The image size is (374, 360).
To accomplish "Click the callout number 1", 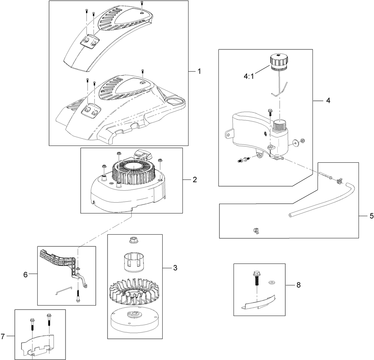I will click(x=199, y=71).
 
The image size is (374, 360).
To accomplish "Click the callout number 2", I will click(x=195, y=180).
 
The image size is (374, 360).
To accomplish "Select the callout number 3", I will click(x=175, y=268).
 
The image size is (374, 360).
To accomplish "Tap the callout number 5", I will click(x=371, y=216).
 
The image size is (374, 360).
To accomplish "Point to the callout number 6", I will click(x=25, y=274).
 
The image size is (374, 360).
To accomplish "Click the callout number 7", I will click(x=3, y=336).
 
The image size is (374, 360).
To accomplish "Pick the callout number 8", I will click(x=298, y=285).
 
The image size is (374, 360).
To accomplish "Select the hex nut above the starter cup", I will click(x=134, y=240).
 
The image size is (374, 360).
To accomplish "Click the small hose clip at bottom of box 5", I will click(x=256, y=231).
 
